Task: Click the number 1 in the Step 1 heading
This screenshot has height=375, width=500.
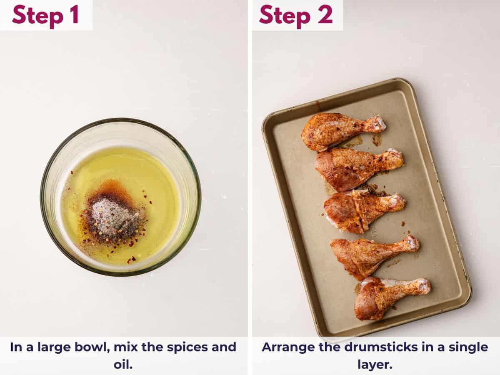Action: pos(73,15)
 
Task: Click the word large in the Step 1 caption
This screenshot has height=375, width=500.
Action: pos(50,347)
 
